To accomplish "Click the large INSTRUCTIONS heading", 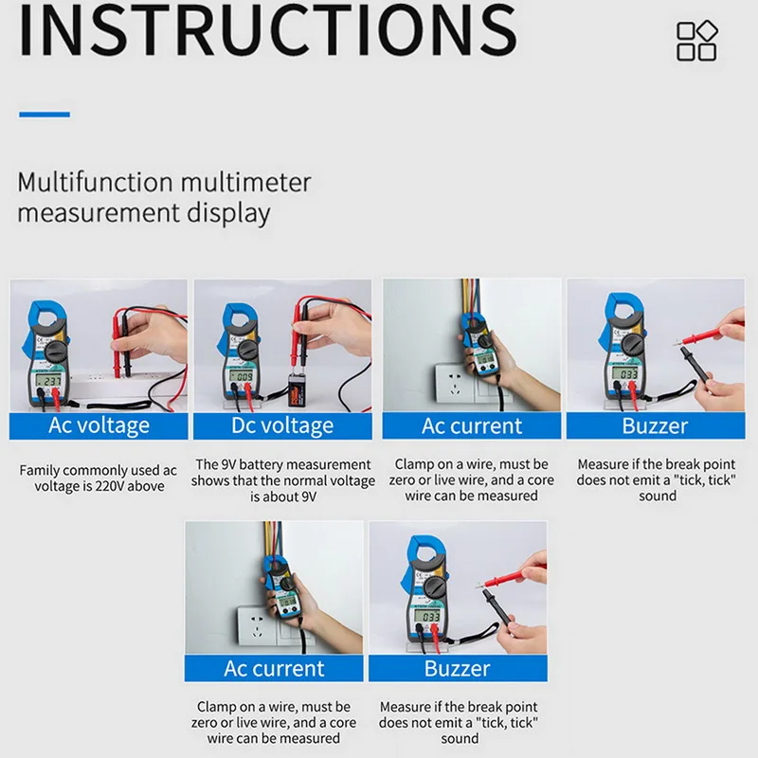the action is tap(267, 29).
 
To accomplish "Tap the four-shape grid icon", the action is tap(697, 41).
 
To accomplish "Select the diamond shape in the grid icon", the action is tap(707, 31).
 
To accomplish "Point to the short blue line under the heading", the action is tap(45, 115).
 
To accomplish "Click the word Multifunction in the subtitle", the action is tap(96, 182).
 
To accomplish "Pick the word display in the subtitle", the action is tap(228, 213).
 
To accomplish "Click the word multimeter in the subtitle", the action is tap(245, 182).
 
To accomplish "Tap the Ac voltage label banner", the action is tap(99, 425).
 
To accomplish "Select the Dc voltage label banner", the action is tap(282, 425).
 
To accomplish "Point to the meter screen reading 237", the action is tap(48, 381).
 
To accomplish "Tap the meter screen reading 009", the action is tap(241, 376).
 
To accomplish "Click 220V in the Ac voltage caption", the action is tap(110, 486).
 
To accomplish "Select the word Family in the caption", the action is tap(40, 470).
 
